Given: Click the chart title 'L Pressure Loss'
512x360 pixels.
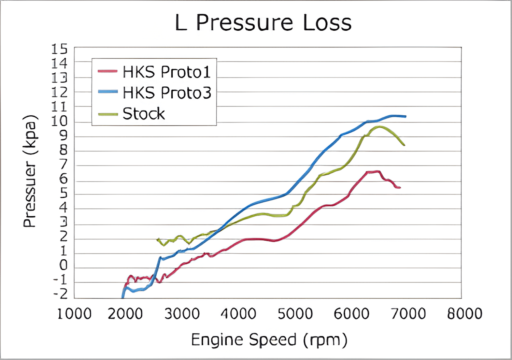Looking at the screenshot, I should tap(263, 23).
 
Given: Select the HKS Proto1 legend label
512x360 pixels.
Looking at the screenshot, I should tap(167, 72).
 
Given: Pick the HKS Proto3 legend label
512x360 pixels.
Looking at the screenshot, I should tap(167, 93).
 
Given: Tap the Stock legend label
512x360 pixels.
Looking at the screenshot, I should tap(144, 114).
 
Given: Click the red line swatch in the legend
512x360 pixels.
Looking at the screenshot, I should tap(108, 71).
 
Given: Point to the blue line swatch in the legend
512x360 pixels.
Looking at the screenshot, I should tap(108, 91).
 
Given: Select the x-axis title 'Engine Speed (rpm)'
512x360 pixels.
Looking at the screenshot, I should tap(269, 340).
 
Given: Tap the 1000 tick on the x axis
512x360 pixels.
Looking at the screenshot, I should tap(74, 314).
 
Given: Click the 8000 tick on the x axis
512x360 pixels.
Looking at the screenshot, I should tap(465, 314).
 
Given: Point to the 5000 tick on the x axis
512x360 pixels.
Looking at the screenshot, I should tap(295, 314).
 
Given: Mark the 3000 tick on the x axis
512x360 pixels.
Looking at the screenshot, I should tap(182, 314).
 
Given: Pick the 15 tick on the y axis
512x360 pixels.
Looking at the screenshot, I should tap(59, 49).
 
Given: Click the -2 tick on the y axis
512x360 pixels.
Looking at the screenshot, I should tap(61, 294).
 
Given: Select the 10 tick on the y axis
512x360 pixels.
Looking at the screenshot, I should tap(59, 121).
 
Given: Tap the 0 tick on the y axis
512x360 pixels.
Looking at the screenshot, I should tap(63, 265).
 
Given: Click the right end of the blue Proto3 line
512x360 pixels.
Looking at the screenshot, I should tap(405, 116).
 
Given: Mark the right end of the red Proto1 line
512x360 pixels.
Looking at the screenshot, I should tap(399, 188).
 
